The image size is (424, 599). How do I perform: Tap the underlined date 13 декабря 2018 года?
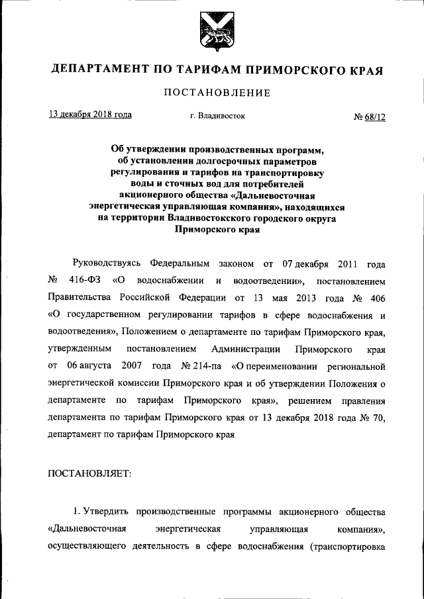pos(90,115)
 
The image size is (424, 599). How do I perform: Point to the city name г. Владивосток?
pos(217,116)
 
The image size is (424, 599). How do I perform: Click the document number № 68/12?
pos(369,116)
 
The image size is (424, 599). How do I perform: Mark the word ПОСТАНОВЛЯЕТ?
pos(90,473)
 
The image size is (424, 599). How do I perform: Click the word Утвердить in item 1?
pos(107,512)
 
